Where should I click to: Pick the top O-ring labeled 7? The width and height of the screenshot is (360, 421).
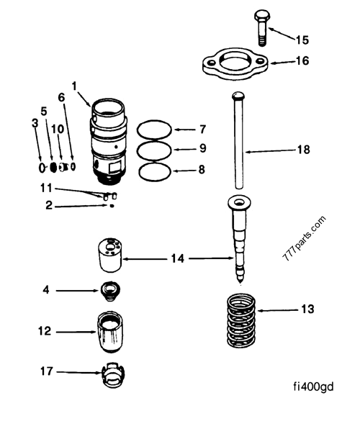[153, 130]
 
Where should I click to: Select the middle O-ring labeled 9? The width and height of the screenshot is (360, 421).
[153, 150]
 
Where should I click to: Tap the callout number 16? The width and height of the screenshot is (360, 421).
[302, 60]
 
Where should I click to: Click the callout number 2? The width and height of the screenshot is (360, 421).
[49, 206]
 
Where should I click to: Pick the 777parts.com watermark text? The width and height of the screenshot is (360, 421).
[303, 239]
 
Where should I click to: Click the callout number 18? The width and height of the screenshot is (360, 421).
[303, 150]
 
